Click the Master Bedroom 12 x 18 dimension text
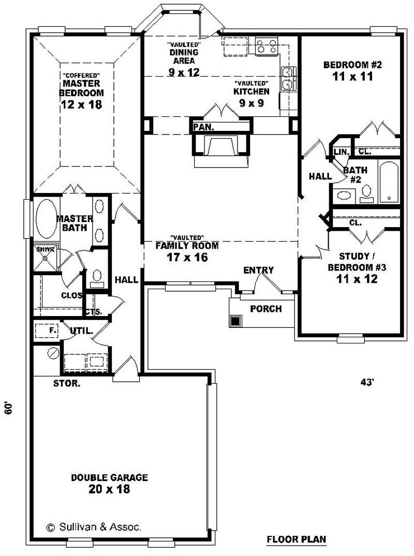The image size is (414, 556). pos(81,104)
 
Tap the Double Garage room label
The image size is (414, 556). pos(109,477)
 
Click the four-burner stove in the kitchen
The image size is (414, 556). pos(265,46)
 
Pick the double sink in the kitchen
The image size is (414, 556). pos(287,79)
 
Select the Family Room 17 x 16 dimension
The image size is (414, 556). pos(187,257)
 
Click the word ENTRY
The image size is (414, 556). pos(258,270)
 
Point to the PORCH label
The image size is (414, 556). pos(265,309)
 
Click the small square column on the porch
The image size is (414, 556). pos(235,321)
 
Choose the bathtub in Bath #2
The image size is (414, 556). pos(389,182)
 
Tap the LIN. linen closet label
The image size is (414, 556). pos(342,152)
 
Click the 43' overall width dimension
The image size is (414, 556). pos(367,383)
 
